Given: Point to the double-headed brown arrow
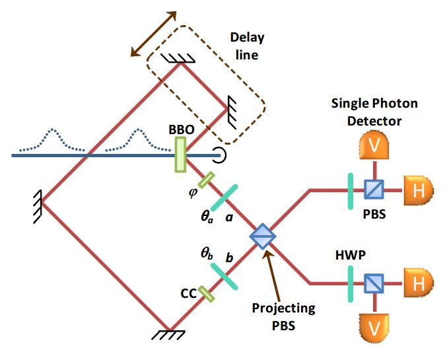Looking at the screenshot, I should pos(154,33).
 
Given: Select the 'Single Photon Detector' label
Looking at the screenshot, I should pos(375,112).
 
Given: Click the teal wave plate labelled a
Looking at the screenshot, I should pos(224,197).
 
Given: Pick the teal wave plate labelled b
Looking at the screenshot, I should pos(224,275).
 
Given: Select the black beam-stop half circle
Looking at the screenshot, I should pos(216,155).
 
